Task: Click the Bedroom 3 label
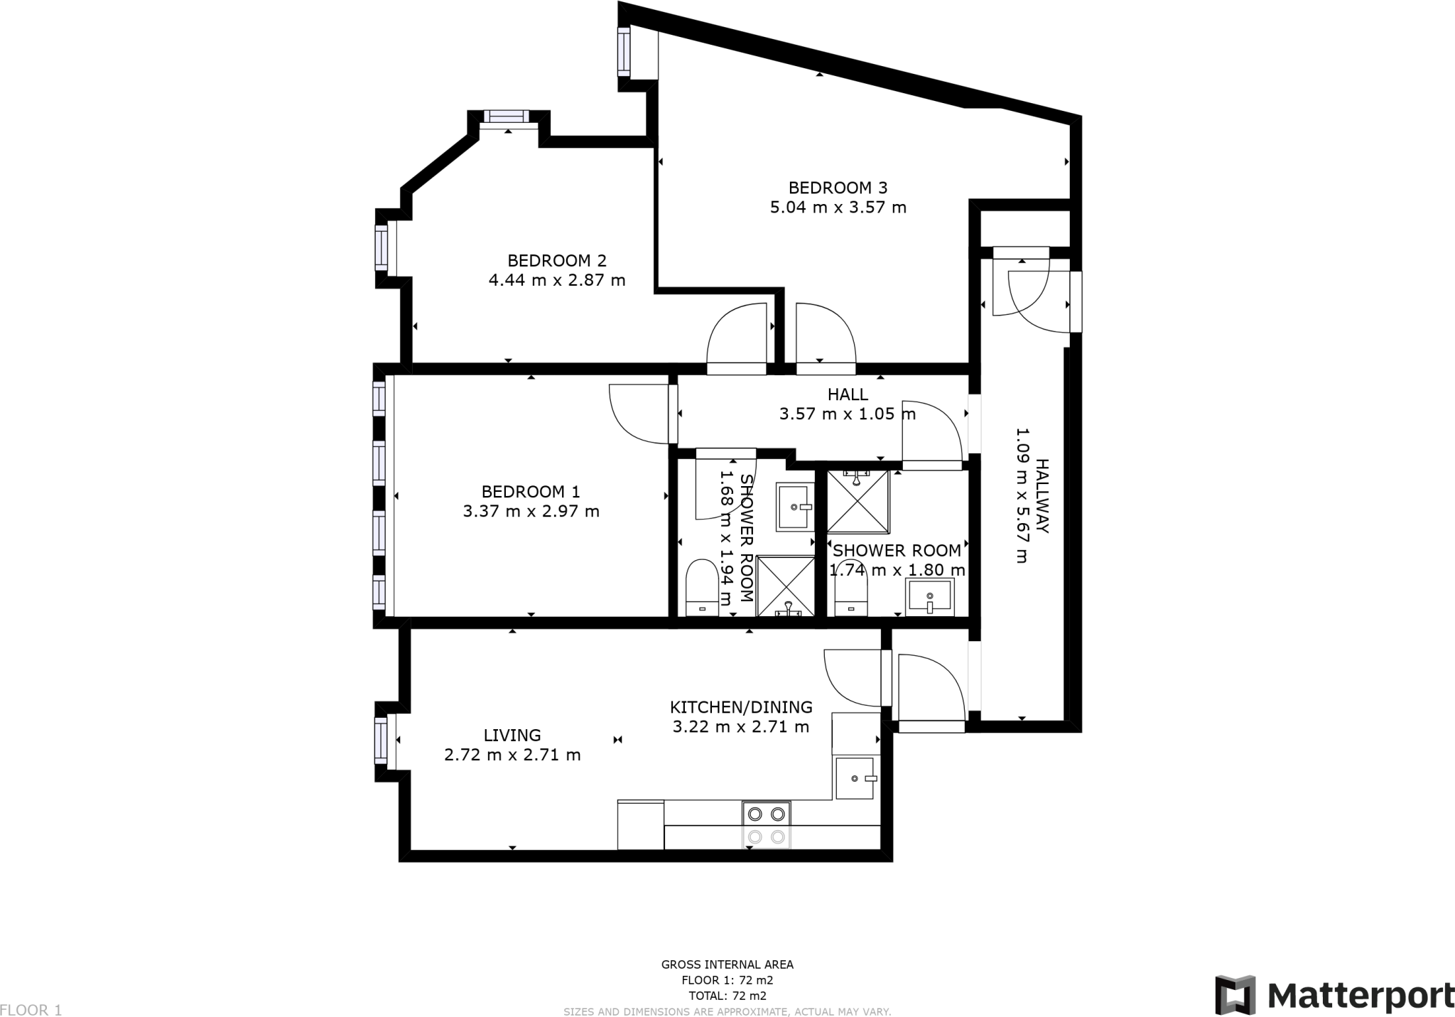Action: click(x=838, y=188)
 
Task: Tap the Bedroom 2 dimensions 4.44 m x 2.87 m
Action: click(x=557, y=280)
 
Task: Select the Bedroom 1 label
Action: click(x=531, y=491)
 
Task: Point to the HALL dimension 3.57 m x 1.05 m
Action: click(x=848, y=414)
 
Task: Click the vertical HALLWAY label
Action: click(x=1042, y=495)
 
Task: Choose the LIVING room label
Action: click(x=512, y=736)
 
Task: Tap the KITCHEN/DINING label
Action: click(x=741, y=707)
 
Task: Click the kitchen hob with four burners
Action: click(x=767, y=824)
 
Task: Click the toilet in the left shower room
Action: click(x=703, y=588)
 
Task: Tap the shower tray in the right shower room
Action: click(x=858, y=501)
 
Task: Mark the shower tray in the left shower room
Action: click(x=786, y=586)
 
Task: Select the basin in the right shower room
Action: click(x=930, y=597)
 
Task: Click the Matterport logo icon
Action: click(x=1235, y=995)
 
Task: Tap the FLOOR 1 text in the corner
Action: click(x=31, y=1009)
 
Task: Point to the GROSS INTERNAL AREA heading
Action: click(x=727, y=964)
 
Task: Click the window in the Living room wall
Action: click(x=382, y=741)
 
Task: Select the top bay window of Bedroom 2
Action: click(x=507, y=117)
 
